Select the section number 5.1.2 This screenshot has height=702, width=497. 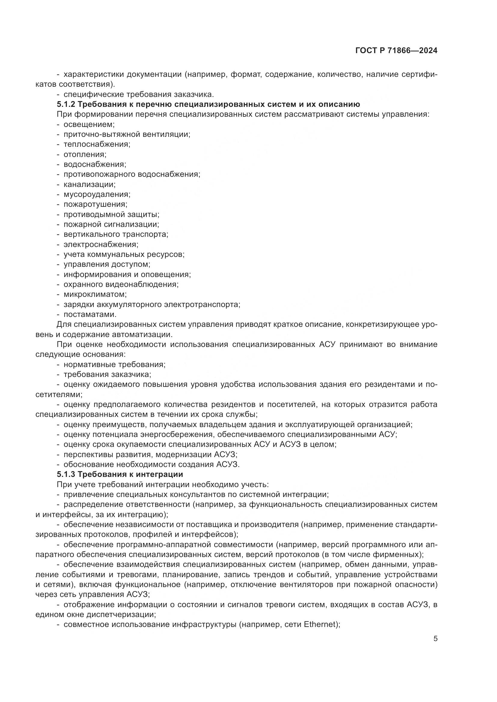[x=66, y=104]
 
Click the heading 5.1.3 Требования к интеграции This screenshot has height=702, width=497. [x=120, y=474]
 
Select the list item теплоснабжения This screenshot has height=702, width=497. [x=97, y=144]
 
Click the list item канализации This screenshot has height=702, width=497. [x=89, y=184]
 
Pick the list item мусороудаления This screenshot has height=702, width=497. [x=97, y=194]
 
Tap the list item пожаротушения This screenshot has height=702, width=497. [x=95, y=204]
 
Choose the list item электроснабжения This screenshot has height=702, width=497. [x=101, y=244]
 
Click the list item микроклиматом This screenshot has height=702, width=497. [x=95, y=294]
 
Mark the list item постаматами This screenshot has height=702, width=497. [x=90, y=314]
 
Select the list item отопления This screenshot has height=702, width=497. [x=85, y=154]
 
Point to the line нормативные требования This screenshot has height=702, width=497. [x=114, y=364]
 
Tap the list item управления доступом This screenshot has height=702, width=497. [x=107, y=264]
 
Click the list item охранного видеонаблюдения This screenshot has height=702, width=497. [x=121, y=284]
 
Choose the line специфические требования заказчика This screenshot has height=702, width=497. [x=139, y=95]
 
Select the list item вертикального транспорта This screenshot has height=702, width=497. [x=116, y=234]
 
